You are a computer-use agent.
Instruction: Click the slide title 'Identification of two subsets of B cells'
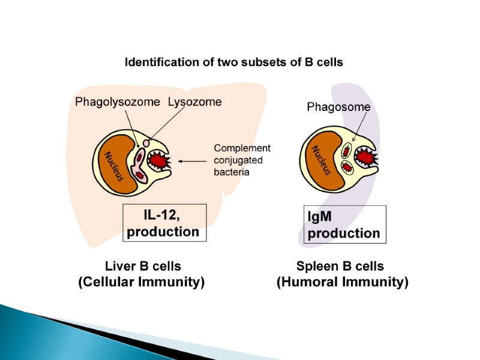[233, 62]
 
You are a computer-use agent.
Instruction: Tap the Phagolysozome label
[117, 102]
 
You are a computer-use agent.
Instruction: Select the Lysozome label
[194, 102]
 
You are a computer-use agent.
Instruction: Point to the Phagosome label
[338, 107]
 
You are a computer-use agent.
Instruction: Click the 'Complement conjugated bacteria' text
[242, 160]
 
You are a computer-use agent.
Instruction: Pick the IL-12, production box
[164, 223]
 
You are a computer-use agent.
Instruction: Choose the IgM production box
[344, 224]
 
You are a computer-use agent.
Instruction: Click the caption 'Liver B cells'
[142, 266]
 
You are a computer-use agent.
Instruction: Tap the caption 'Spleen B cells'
[340, 266]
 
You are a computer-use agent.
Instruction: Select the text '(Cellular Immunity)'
[142, 282]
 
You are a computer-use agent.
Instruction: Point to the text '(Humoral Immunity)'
[342, 282]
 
